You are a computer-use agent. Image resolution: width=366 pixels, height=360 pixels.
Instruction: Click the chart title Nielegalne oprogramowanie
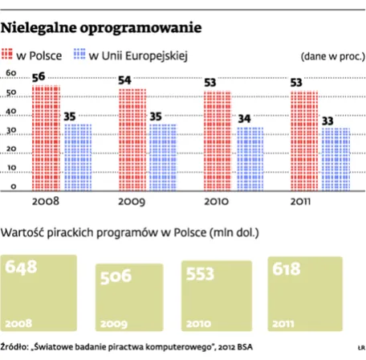100,29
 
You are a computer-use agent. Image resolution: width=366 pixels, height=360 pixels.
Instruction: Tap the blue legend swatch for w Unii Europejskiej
78,55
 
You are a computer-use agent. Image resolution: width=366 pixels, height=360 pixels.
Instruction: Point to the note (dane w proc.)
330,58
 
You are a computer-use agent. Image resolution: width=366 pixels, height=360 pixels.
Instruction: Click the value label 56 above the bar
38,76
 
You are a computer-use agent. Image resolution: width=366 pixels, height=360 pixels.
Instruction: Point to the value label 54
126,80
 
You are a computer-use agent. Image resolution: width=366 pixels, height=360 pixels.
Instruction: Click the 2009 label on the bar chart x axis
132,202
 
